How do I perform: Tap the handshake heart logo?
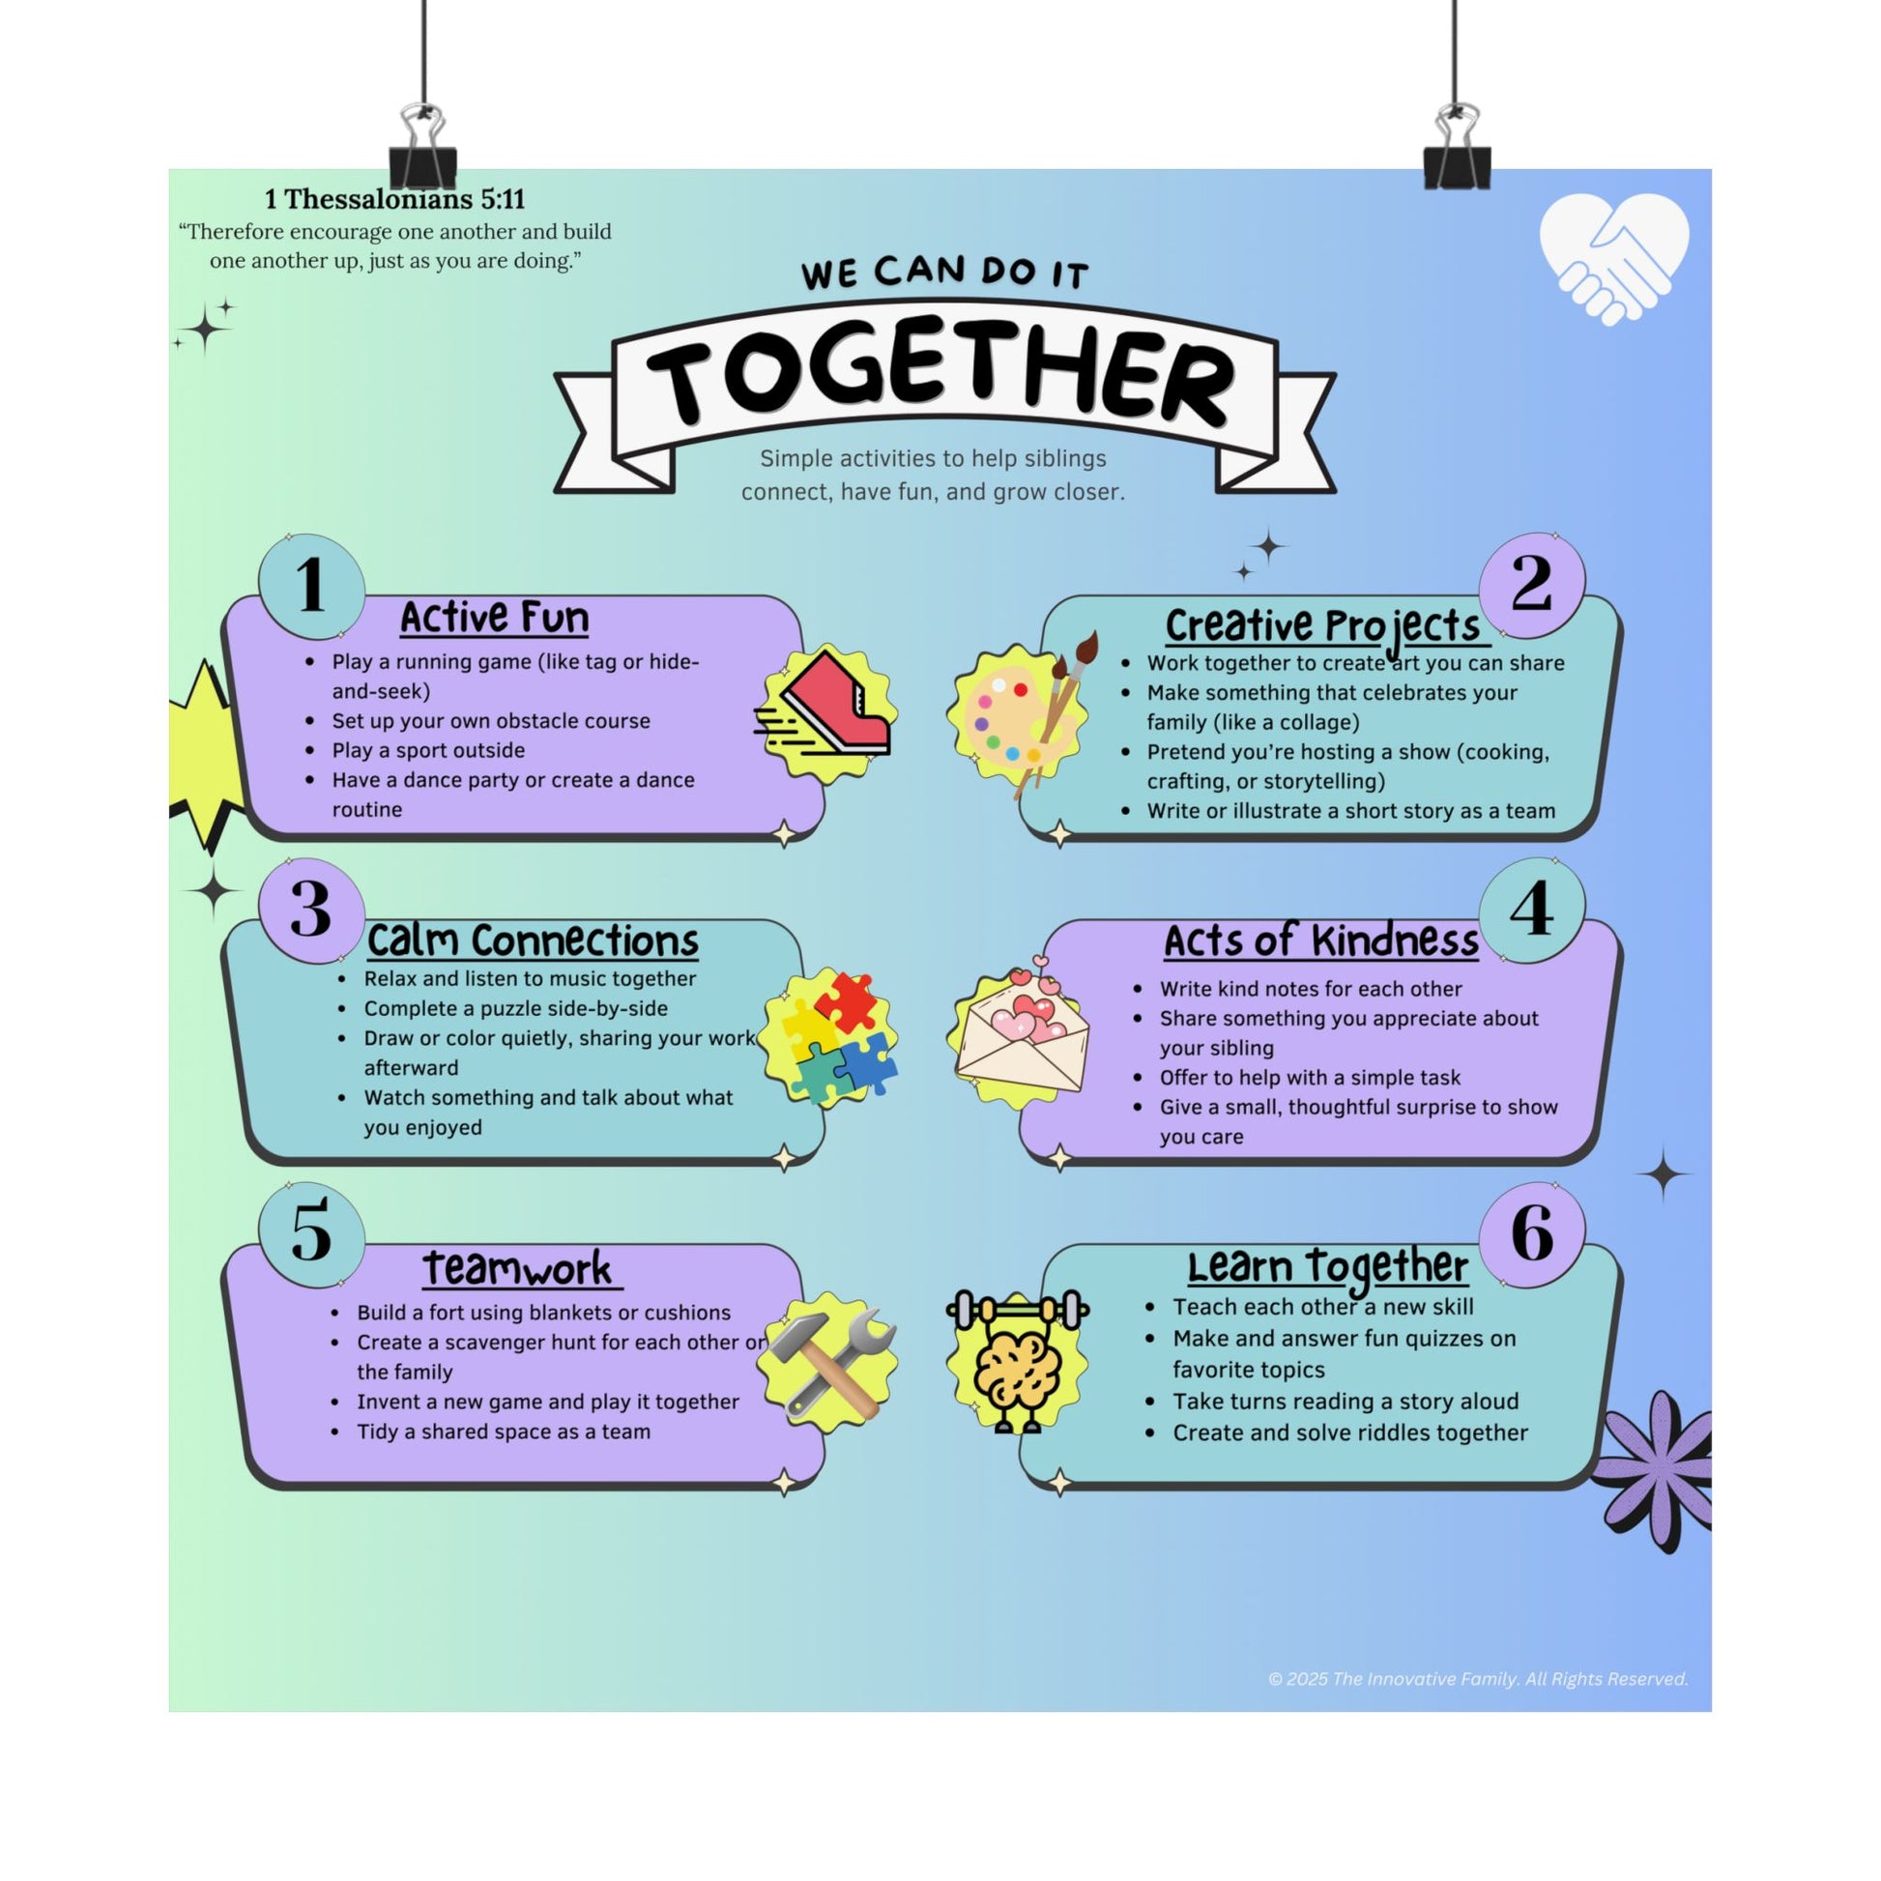(x=1613, y=258)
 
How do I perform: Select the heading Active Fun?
(x=495, y=618)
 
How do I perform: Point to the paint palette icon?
(x=1019, y=715)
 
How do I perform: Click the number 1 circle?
(x=311, y=586)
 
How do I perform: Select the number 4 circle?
(x=1531, y=910)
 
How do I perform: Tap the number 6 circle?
(x=1531, y=1233)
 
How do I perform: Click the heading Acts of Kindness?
(x=1321, y=941)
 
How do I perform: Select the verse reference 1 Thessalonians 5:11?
(x=395, y=199)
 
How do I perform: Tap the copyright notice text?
(x=1478, y=1678)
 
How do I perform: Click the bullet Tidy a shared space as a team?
(x=504, y=1432)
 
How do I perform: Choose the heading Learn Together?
(x=1327, y=1266)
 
